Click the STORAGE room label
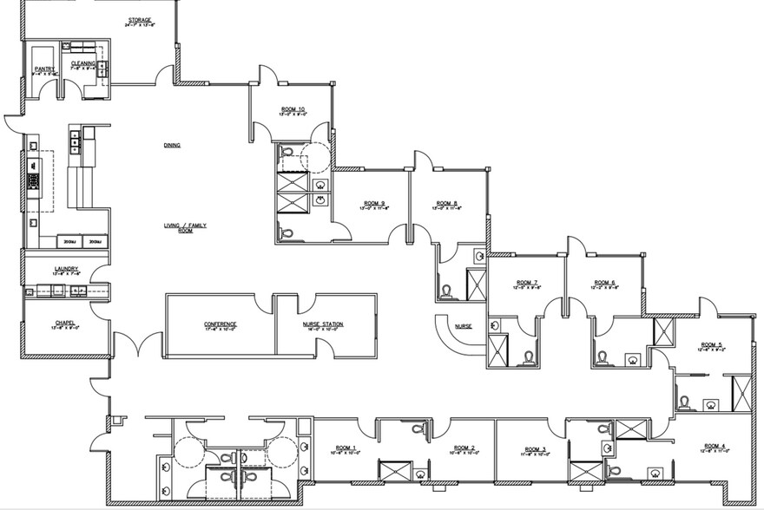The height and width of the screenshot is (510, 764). coord(140,20)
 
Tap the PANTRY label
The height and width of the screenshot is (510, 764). coord(44,68)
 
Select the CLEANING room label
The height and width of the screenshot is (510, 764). coord(83,63)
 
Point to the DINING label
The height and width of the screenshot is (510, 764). coord(172,145)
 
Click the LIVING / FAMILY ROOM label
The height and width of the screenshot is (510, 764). coord(185,227)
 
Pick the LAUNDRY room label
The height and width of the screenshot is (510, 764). coord(67,269)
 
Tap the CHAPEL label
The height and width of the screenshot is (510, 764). coord(64,324)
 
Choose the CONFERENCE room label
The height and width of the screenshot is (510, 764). coord(221,324)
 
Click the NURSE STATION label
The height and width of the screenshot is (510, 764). coord(323,324)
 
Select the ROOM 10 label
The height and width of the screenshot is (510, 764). coord(293,109)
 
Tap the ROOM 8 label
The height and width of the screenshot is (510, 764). coord(446,203)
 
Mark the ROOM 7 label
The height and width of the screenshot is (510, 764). coord(528,283)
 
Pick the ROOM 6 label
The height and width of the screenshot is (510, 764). coord(605,283)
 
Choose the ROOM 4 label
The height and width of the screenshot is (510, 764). coord(715,445)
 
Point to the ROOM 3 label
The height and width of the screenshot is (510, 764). coord(536,448)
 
